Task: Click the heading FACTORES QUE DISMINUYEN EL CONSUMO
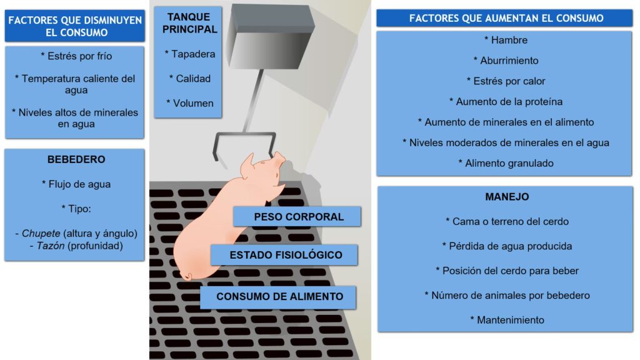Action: (75, 26)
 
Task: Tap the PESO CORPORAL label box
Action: (297, 217)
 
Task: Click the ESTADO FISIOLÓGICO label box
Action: (284, 255)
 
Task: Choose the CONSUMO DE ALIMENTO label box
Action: (278, 297)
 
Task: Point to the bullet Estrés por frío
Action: (76, 56)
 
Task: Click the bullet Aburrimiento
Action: (506, 61)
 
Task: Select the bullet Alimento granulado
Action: (506, 163)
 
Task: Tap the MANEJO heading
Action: (507, 197)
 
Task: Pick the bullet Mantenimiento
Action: (507, 320)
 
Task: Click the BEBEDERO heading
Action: (76, 159)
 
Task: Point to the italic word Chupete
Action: (41, 234)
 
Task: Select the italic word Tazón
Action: (51, 246)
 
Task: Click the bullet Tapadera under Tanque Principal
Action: (190, 54)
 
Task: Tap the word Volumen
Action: (193, 103)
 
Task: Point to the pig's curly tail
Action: (186, 276)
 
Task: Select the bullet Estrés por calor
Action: (506, 81)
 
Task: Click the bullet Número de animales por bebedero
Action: (507, 296)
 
